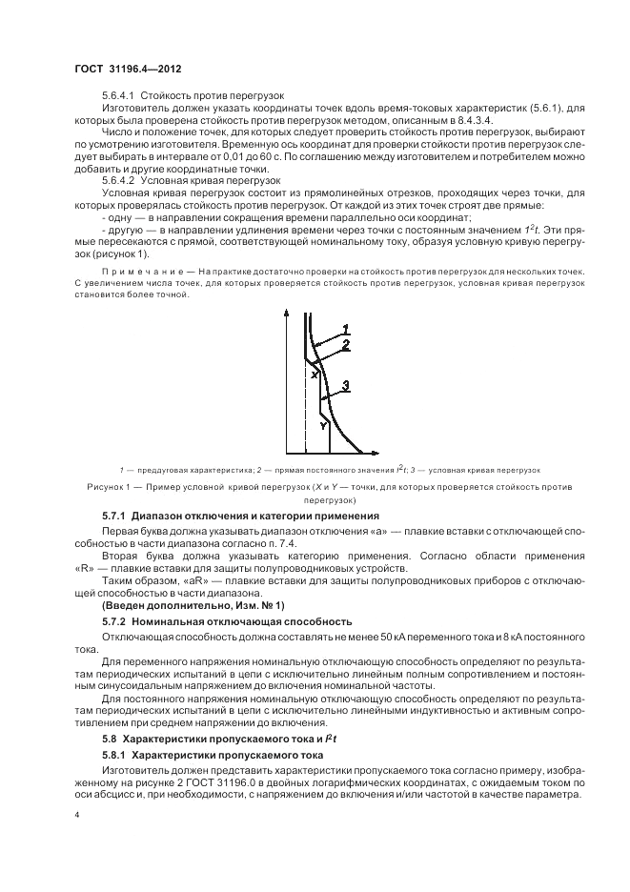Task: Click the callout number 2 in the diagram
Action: point(347,344)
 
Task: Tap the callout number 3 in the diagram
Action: point(347,384)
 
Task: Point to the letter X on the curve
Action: point(314,375)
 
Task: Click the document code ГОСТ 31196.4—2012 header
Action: point(129,71)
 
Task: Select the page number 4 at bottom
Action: point(77,815)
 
